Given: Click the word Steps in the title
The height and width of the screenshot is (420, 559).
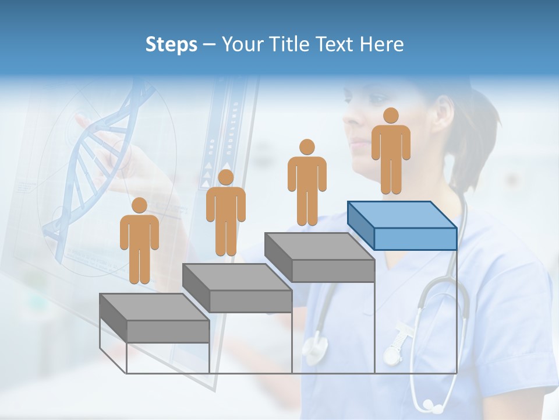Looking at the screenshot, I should pyautogui.click(x=171, y=44).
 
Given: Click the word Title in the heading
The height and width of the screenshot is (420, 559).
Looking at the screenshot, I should pyautogui.click(x=289, y=44).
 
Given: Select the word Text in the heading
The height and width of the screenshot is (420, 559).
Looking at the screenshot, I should pyautogui.click(x=335, y=44).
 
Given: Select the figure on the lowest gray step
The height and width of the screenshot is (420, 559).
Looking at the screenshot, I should pyautogui.click(x=139, y=243).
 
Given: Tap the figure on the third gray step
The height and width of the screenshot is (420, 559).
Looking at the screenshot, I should pyautogui.click(x=307, y=184).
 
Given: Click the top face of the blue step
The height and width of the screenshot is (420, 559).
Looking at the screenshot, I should pyautogui.click(x=402, y=215).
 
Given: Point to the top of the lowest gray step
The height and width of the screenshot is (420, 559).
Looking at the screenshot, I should pyautogui.click(x=154, y=307).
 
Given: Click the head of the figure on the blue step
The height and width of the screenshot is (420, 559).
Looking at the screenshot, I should pyautogui.click(x=391, y=116).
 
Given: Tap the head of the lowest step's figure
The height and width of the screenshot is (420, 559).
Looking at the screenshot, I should pyautogui.click(x=139, y=205).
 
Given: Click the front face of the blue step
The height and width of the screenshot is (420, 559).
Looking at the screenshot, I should pyautogui.click(x=415, y=239).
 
